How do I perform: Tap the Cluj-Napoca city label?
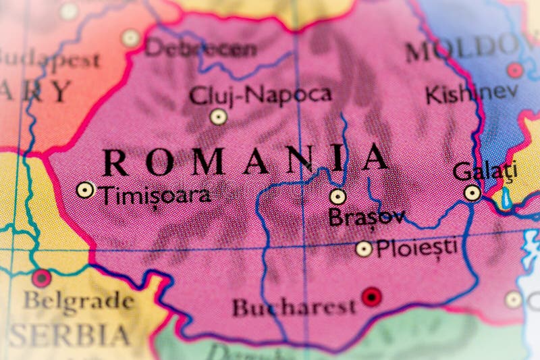260,95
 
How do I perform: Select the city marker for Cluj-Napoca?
217,117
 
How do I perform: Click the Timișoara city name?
155,196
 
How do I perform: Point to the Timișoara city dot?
85,190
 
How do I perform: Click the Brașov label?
366,217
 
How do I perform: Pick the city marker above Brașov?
337,197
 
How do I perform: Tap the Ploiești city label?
416,247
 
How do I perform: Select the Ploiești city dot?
364,249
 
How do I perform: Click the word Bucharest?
294,308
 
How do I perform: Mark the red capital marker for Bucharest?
371,297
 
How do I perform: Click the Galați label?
485,171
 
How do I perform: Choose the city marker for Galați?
473,193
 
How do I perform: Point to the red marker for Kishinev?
515,70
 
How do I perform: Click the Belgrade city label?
80,300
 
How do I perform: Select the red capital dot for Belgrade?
41,278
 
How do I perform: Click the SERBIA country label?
71,336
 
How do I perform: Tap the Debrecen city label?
200,49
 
